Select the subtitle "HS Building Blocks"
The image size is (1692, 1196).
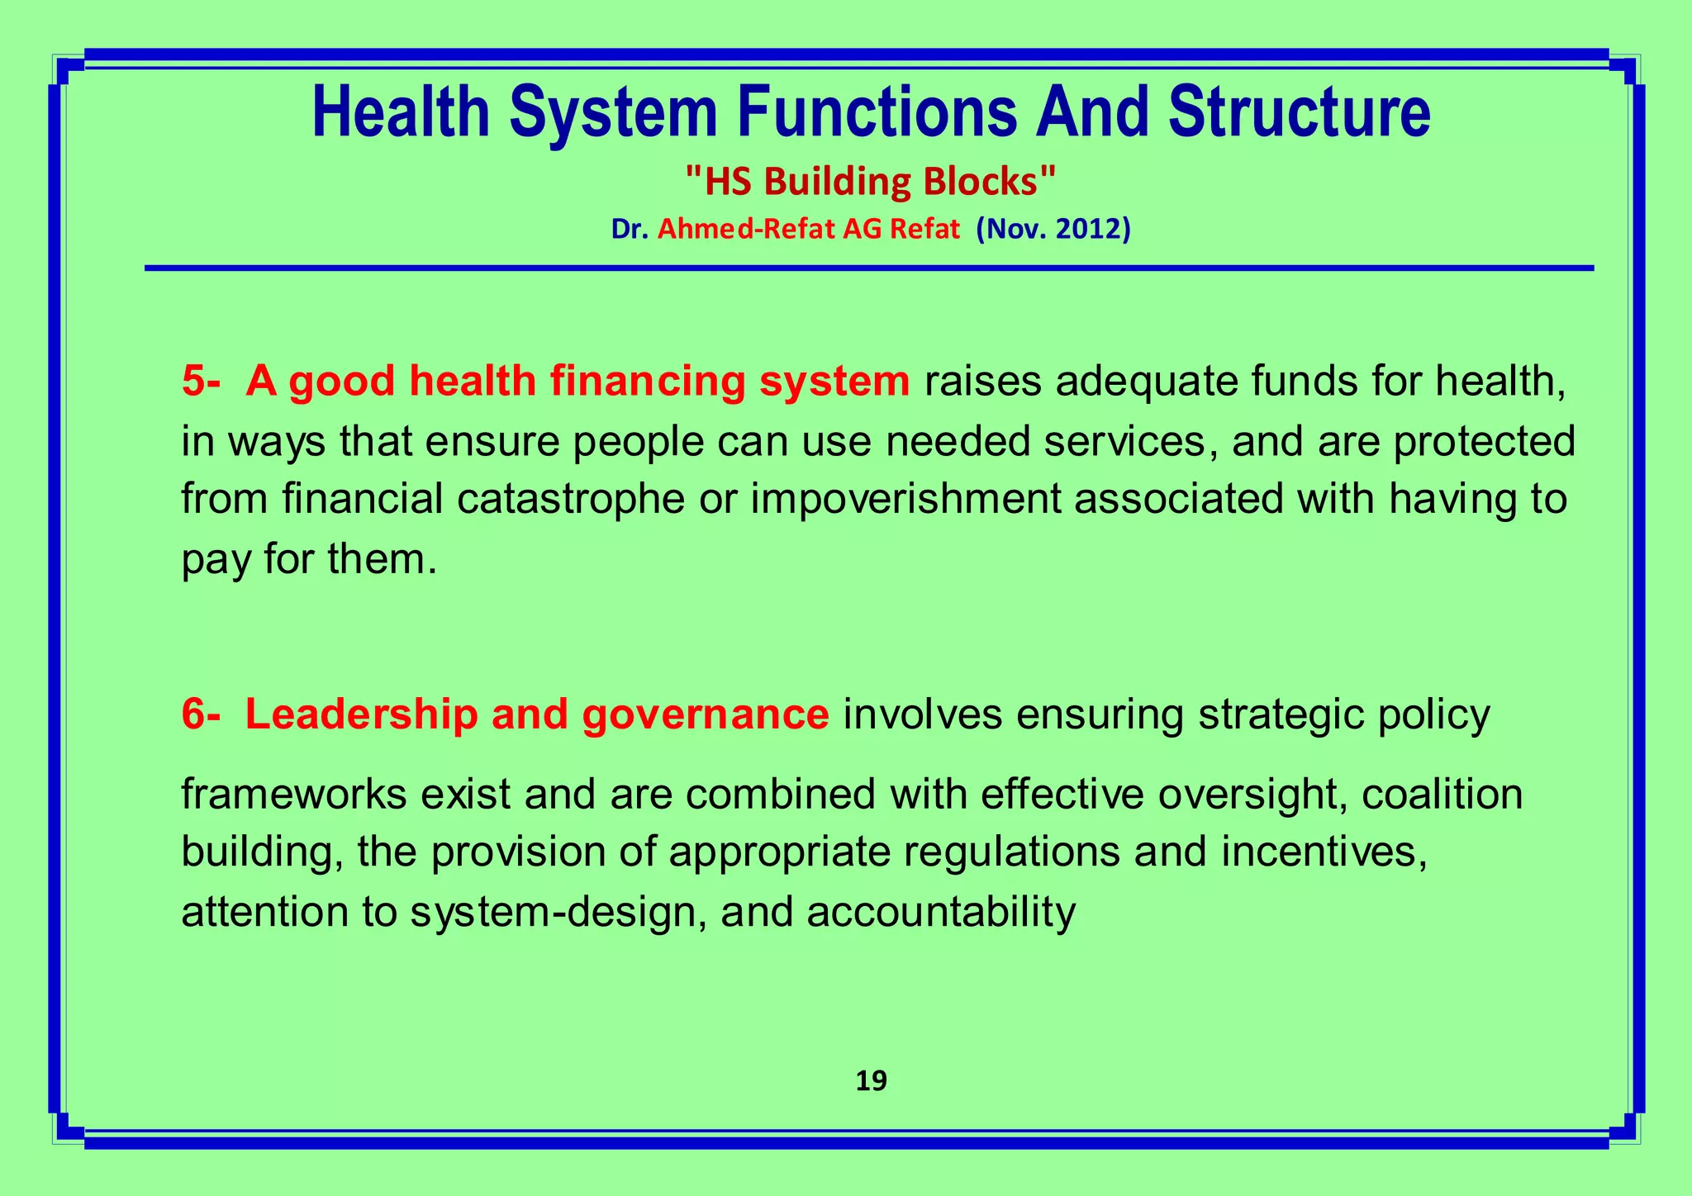click(871, 183)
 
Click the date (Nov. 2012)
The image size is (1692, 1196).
click(1053, 229)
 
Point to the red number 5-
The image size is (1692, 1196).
click(201, 382)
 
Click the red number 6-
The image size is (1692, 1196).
click(201, 714)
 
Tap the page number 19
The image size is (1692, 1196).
click(872, 1081)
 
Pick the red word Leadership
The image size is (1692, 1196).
click(361, 714)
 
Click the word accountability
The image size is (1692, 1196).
click(941, 913)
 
